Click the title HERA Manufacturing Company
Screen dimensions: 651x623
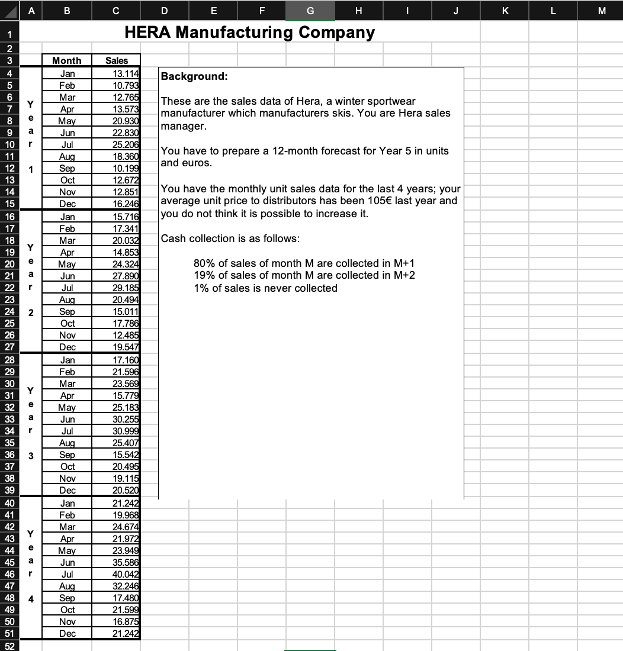tap(249, 32)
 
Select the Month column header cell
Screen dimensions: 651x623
tap(67, 60)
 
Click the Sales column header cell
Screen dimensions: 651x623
tap(116, 60)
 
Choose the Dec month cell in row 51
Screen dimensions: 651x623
tap(68, 633)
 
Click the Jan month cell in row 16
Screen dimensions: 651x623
tap(68, 217)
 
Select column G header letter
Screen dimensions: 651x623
tap(310, 10)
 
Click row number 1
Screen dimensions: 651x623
tap(9, 32)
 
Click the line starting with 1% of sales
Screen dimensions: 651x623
tap(265, 288)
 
